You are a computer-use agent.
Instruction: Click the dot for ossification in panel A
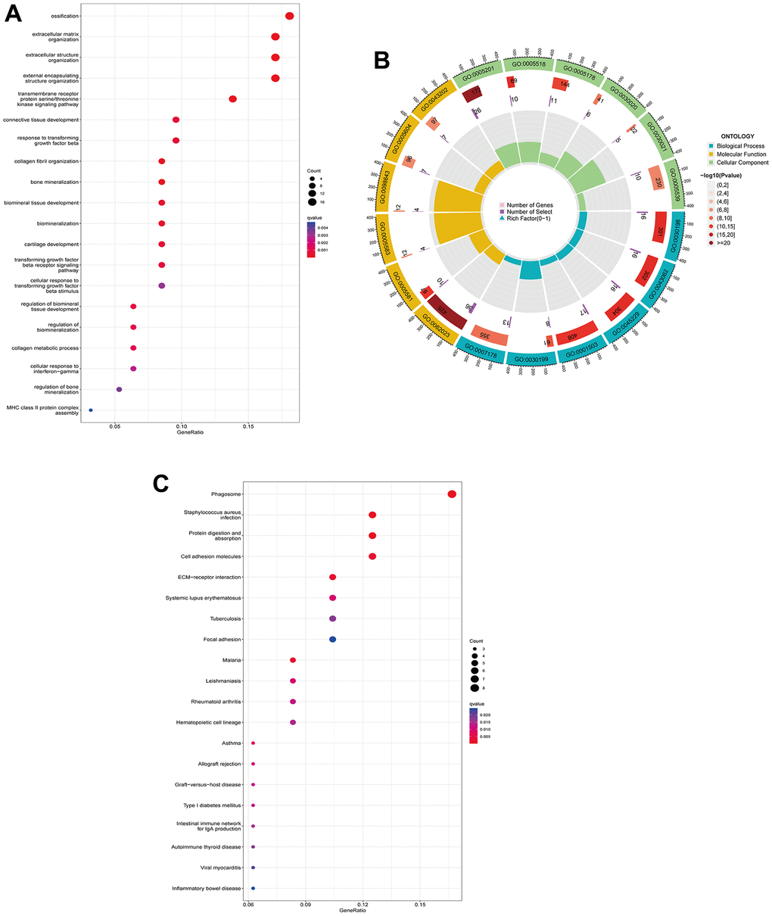289,16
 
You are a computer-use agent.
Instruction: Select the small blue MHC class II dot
91,410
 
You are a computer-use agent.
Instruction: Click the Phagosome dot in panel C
452,494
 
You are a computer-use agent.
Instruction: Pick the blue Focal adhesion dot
332,640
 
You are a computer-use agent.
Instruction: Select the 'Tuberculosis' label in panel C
226,619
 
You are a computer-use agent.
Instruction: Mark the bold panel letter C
161,483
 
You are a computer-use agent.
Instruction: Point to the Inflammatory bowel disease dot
253,888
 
